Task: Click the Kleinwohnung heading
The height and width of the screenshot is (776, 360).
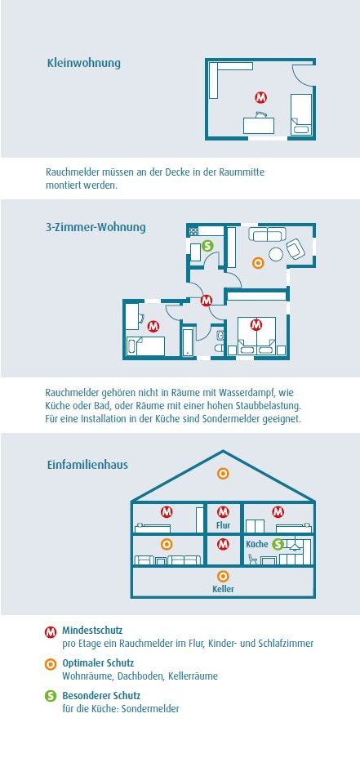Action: [x=83, y=64]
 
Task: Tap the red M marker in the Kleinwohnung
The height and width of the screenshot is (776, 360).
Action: [x=261, y=97]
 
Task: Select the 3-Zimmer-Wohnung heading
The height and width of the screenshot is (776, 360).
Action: [x=96, y=228]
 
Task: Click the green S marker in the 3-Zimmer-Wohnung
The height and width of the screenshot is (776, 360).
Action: [x=207, y=245]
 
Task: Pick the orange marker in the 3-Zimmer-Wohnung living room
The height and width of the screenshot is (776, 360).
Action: [x=258, y=263]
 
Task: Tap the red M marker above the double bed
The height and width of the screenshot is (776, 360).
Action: [x=256, y=324]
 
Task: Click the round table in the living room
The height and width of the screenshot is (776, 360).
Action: [x=275, y=254]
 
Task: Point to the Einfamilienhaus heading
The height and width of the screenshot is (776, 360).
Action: [x=87, y=466]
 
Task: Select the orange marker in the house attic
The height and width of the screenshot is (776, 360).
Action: [x=223, y=474]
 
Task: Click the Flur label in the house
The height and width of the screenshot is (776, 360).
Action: [x=224, y=524]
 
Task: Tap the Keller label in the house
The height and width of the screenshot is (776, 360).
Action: [x=223, y=589]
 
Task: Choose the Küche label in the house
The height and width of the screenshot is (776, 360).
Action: [x=257, y=544]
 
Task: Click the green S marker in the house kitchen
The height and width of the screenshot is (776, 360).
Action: [x=278, y=544]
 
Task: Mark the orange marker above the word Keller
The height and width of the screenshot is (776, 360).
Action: [x=223, y=576]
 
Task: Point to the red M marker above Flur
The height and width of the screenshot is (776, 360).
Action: [x=223, y=511]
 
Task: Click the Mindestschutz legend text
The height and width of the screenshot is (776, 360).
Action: [x=92, y=631]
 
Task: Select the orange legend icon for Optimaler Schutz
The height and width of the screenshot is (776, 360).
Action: [x=51, y=664]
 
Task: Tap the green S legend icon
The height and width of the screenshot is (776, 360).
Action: [x=51, y=696]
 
